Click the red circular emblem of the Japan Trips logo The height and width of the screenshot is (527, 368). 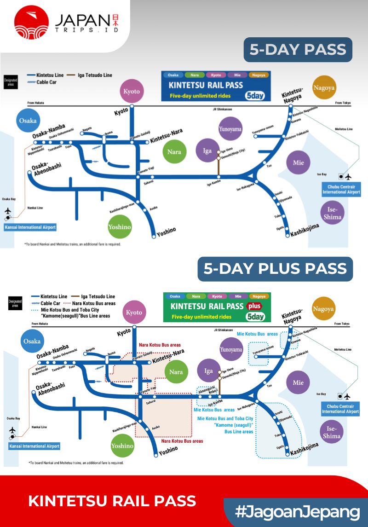click(31, 22)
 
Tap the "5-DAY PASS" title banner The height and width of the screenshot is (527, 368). click(298, 50)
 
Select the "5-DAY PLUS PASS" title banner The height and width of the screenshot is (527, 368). click(275, 269)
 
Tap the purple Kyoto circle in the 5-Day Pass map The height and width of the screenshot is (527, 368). click(132, 91)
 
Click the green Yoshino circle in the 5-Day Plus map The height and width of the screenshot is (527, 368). click(122, 446)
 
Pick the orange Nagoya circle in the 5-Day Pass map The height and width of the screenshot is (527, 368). click(324, 87)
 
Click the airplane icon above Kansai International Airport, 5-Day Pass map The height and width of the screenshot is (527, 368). click(8, 211)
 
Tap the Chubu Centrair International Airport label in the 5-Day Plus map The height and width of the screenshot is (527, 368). click(340, 409)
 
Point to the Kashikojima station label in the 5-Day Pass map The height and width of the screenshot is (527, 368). click(305, 231)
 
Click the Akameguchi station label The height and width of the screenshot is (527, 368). click(206, 388)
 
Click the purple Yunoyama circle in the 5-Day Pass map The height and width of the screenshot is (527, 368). click(230, 129)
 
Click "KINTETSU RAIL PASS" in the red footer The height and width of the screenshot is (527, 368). click(112, 501)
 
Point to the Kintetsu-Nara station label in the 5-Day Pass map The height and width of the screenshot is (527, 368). click(167, 135)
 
